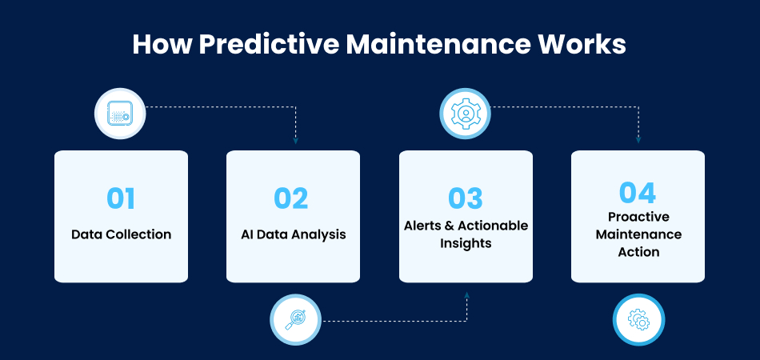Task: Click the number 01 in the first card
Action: [x=121, y=198]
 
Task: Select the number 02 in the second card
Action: [x=291, y=198]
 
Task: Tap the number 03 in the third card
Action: [x=466, y=198]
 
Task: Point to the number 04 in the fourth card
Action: [x=638, y=193]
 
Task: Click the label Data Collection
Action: [x=121, y=234]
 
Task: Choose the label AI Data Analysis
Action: [x=294, y=234]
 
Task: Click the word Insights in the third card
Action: [x=466, y=243]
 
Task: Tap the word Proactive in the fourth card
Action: [x=638, y=217]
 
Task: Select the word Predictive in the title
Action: [x=269, y=45]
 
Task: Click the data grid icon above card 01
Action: [x=120, y=114]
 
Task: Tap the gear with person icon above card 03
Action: [x=466, y=114]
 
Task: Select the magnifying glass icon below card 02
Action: [x=295, y=320]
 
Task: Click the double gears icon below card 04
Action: [x=638, y=320]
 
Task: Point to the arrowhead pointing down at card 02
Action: [x=296, y=141]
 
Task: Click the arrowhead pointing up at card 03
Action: [x=466, y=294]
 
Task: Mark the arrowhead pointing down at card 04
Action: [x=638, y=141]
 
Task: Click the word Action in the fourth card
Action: [x=638, y=252]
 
